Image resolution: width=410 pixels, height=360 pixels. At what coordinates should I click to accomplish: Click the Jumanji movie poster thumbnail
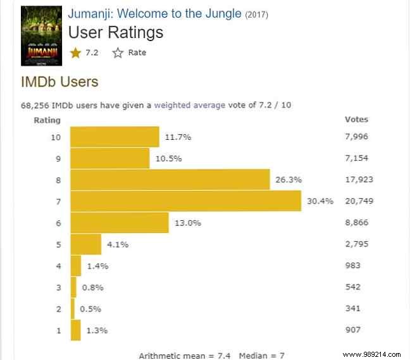pyautogui.click(x=42, y=35)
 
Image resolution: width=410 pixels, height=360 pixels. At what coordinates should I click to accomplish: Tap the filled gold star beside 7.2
pyautogui.click(x=76, y=53)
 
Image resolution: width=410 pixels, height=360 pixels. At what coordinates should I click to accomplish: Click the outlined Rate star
pyautogui.click(x=118, y=53)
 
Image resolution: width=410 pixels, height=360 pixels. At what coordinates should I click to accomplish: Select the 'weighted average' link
pyautogui.click(x=189, y=105)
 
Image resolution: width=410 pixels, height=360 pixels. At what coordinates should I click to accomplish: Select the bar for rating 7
pyautogui.click(x=185, y=201)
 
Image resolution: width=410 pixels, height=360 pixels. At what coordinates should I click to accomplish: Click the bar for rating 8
pyautogui.click(x=170, y=180)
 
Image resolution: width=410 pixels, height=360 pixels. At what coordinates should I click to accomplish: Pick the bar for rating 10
pyautogui.click(x=115, y=137)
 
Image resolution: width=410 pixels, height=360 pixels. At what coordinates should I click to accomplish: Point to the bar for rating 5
pyautogui.click(x=85, y=244)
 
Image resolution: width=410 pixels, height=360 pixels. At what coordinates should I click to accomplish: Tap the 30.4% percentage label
pyautogui.click(x=320, y=201)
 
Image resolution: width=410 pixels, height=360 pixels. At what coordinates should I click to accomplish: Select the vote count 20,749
pyautogui.click(x=359, y=201)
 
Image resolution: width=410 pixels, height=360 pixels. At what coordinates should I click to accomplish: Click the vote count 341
pyautogui.click(x=354, y=309)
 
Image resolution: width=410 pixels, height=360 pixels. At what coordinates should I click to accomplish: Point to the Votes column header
pyautogui.click(x=356, y=119)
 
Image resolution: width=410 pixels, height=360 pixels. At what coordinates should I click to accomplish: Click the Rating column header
pyautogui.click(x=47, y=120)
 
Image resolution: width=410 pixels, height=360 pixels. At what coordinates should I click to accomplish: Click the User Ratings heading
pyautogui.click(x=115, y=32)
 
